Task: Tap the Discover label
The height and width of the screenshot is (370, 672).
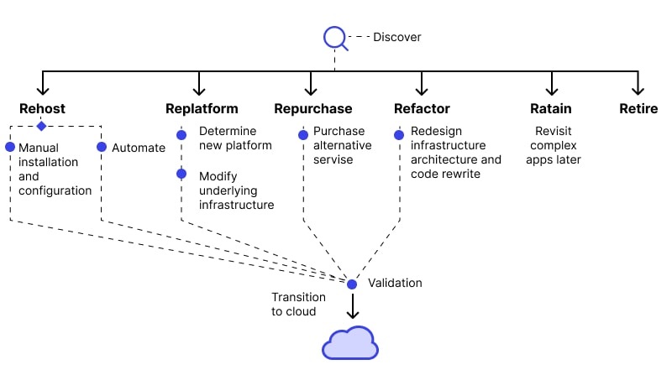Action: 397,37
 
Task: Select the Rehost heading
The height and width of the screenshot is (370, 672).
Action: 42,108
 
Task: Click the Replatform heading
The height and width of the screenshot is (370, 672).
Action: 202,108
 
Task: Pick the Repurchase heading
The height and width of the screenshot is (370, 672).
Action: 312,108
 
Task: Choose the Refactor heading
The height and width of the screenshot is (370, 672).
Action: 422,108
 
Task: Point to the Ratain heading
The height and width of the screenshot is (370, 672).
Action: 551,108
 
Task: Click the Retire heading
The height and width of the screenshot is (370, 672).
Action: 638,108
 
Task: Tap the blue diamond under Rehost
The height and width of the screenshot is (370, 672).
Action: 40,126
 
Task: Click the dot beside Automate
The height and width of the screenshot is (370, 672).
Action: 102,147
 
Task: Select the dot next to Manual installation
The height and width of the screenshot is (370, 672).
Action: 10,147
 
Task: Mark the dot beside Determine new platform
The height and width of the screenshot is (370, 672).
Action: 181,134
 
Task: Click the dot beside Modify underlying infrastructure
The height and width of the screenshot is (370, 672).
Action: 181,175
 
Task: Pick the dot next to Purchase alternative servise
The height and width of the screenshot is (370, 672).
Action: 302,134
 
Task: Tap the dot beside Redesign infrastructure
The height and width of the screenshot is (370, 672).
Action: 400,134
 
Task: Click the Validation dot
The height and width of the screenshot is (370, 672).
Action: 353,284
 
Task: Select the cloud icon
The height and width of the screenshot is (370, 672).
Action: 351,344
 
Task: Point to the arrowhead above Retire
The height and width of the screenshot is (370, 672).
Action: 638,88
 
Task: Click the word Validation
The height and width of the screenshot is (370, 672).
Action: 395,283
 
